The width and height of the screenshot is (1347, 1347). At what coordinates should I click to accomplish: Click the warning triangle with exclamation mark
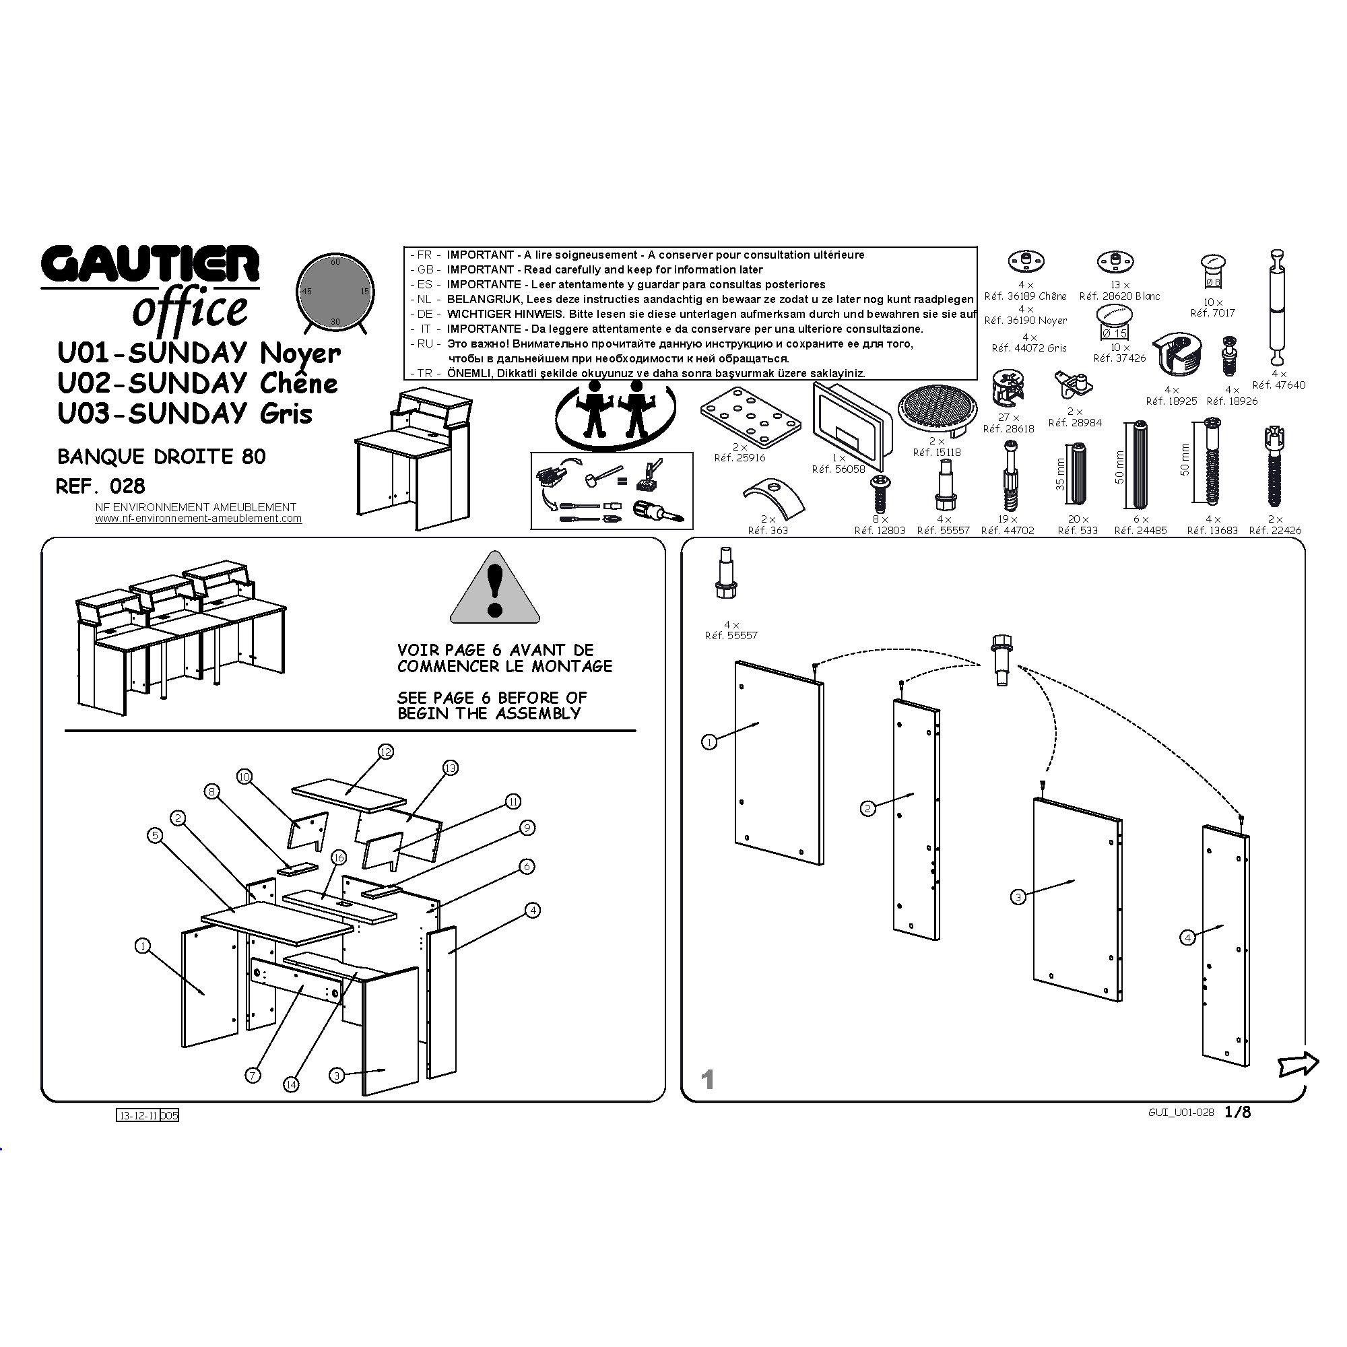495,587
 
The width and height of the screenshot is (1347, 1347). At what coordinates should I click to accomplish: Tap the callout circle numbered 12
385,752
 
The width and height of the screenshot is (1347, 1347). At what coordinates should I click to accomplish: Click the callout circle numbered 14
292,1084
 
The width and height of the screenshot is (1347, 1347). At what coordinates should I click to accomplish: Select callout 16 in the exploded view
339,857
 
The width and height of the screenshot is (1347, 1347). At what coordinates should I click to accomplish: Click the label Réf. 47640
1279,385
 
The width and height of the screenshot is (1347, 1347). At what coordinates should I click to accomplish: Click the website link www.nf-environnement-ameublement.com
199,519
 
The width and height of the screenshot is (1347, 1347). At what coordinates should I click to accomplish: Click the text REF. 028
100,486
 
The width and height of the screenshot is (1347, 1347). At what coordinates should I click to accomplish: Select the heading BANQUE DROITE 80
162,457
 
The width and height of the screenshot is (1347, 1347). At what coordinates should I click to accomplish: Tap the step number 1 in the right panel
708,1080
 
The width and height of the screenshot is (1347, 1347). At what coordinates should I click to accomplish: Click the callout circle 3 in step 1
1018,896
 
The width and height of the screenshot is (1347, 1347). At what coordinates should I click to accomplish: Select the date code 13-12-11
139,1115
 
